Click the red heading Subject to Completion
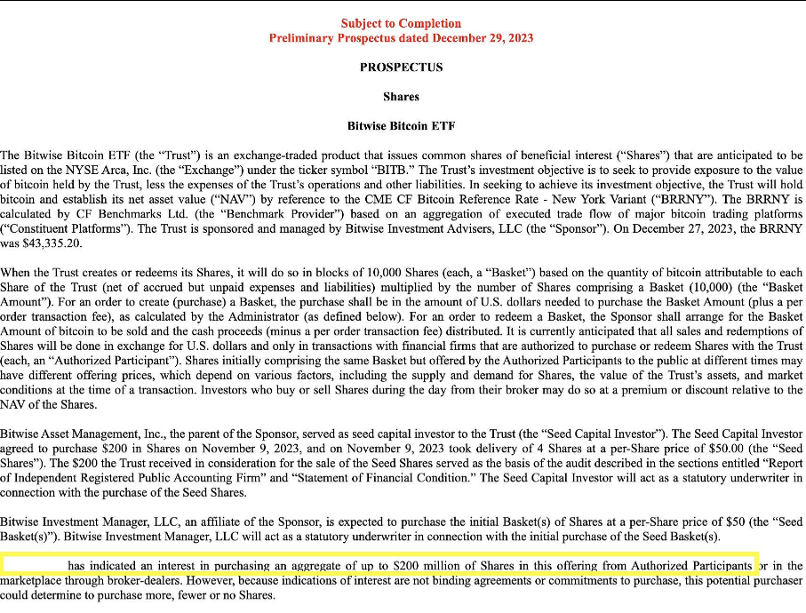[401, 23]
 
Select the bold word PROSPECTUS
[401, 68]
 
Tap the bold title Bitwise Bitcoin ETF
[401, 126]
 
